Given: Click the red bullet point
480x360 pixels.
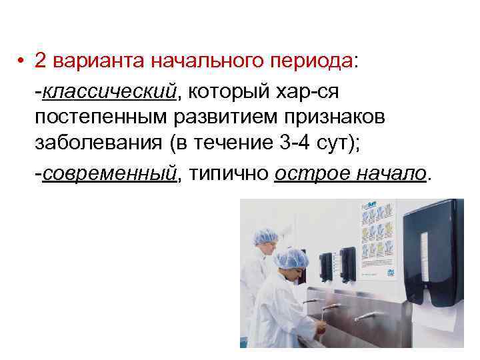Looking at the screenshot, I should tap(23, 61).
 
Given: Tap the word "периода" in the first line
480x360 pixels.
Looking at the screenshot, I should tap(310, 61).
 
